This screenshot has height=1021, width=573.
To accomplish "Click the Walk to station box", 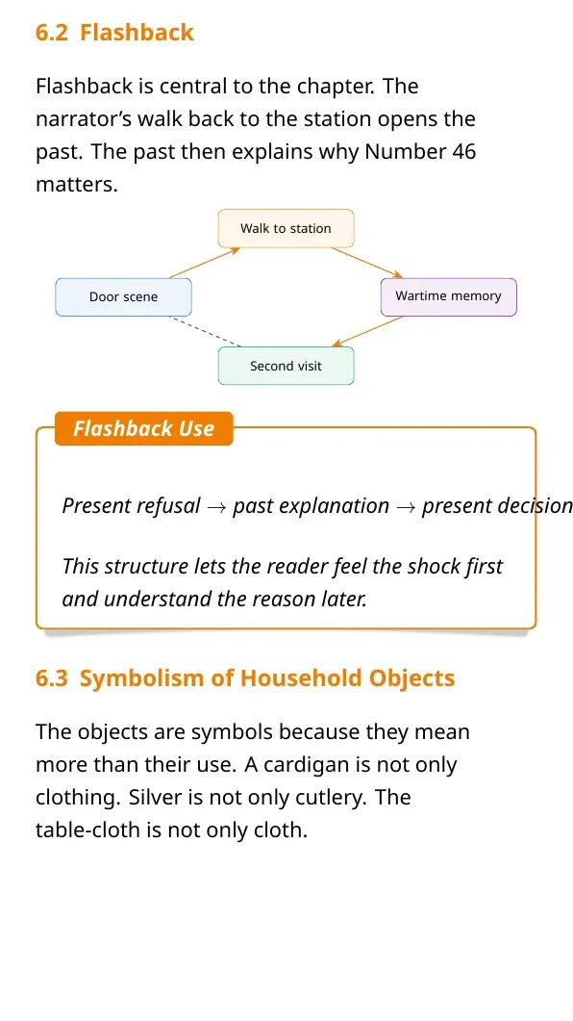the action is [286, 229].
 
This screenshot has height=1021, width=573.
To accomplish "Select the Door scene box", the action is [124, 297].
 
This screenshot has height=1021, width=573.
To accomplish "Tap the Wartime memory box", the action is [449, 296].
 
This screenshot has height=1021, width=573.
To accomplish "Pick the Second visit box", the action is [286, 366].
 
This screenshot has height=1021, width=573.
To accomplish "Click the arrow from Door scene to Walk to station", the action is [205, 263].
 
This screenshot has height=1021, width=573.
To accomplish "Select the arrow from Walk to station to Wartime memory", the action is [367, 263].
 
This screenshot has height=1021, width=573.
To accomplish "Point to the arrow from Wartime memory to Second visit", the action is [367, 331].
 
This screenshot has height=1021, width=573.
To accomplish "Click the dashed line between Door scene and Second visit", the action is [205, 331].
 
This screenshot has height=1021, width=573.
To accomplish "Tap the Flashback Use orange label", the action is [144, 428].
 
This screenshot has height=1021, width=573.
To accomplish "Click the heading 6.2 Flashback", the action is [114, 33].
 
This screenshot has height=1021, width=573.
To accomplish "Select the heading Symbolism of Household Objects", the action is [266, 677].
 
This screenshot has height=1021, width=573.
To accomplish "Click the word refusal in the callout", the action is [168, 506].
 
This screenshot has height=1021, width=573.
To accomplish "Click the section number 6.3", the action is [52, 677].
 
